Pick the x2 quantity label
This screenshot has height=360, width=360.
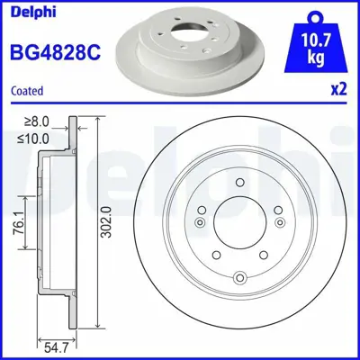337,90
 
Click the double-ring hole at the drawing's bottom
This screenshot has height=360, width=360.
240,277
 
